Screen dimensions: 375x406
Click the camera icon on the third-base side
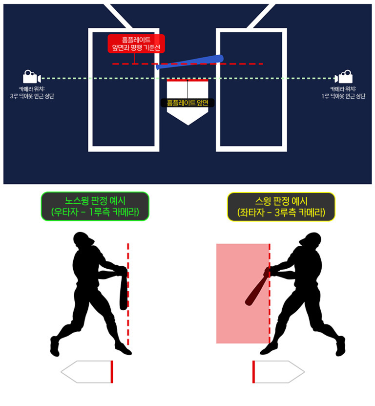tap(32, 77)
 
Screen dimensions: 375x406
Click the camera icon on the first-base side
tap(343, 77)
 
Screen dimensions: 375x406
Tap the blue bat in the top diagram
tap(190, 62)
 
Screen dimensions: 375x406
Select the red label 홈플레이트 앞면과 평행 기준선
tap(136, 43)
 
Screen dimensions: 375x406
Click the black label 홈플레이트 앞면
tap(187, 103)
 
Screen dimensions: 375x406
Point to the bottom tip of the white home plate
tap(188, 126)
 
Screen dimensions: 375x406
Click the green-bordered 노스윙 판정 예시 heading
tap(95, 206)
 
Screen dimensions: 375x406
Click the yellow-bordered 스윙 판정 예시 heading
tap(281, 207)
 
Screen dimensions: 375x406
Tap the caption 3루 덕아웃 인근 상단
tap(32, 96)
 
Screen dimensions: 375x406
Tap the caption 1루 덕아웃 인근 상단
tap(343, 96)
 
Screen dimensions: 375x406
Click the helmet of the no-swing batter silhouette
tap(83, 239)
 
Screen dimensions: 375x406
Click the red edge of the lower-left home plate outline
tap(112, 372)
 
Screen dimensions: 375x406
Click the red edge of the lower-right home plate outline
tap(253, 372)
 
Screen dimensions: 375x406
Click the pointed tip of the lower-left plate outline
tap(62, 372)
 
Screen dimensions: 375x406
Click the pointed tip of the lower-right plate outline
tap(304, 372)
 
